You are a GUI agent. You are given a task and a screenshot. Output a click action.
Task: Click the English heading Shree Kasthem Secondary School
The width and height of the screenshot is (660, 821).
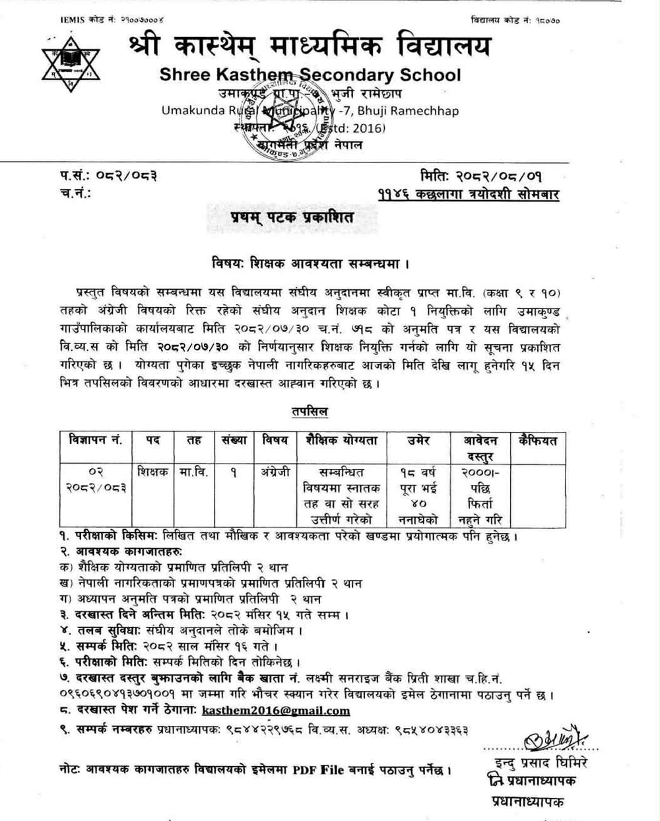(x=310, y=75)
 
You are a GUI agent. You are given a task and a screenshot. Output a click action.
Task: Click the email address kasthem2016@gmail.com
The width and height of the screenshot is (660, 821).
(x=276, y=711)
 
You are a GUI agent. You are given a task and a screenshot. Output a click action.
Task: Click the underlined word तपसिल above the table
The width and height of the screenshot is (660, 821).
(x=310, y=411)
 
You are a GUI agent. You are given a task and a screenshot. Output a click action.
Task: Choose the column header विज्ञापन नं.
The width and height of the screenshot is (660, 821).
(x=96, y=441)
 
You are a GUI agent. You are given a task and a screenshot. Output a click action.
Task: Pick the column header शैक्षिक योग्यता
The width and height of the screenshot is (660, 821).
(x=341, y=441)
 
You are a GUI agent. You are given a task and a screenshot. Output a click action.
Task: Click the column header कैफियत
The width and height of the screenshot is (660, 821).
(x=537, y=441)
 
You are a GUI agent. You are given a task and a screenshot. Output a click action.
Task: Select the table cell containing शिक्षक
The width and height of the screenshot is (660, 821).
(x=152, y=472)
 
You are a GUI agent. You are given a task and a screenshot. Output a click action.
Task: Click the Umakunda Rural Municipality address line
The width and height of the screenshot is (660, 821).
(x=310, y=110)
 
